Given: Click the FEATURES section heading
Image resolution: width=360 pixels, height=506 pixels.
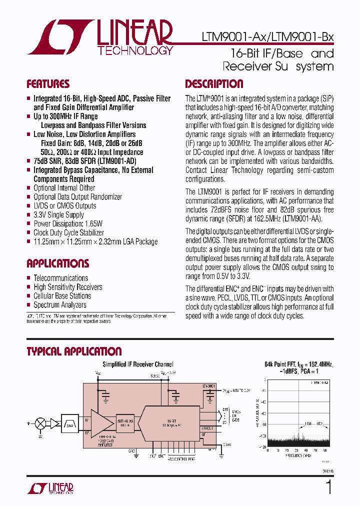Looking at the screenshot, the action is click(48, 84).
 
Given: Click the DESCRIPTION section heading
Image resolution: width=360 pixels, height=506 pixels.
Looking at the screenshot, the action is click(214, 84).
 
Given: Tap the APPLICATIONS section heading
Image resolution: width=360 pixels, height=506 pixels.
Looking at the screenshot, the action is click(57, 263).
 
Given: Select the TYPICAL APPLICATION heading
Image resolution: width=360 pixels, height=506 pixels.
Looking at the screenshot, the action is click(74, 351).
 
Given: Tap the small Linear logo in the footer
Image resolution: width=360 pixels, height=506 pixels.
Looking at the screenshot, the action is click(55, 488).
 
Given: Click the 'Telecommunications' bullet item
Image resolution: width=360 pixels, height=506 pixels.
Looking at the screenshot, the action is click(60, 278).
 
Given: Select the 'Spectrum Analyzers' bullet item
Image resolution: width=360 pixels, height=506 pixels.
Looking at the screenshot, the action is click(60, 305).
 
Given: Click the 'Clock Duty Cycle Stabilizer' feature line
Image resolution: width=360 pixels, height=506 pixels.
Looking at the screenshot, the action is click(68, 232).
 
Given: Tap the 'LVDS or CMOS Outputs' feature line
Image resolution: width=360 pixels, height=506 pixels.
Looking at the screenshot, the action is click(64, 205).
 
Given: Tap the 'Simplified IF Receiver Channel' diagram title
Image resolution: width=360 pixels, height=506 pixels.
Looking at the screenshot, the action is click(138, 364).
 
